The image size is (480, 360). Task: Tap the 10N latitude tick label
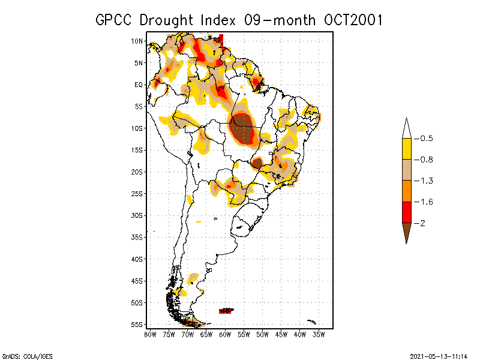click(x=137, y=41)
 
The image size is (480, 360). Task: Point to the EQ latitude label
click(x=138, y=85)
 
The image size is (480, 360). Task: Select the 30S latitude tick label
click(x=137, y=215)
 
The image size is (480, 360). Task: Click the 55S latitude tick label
click(x=137, y=325)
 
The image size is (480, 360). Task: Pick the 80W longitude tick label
click(x=150, y=334)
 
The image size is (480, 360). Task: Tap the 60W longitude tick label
click(x=225, y=334)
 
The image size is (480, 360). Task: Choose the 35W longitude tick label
click(x=319, y=334)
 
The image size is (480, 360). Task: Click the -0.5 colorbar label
click(x=425, y=139)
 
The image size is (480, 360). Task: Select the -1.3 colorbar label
click(x=425, y=181)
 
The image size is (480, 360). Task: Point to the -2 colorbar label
click(x=422, y=223)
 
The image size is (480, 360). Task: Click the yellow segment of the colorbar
click(x=406, y=149)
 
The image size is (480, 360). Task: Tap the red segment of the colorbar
click(x=406, y=212)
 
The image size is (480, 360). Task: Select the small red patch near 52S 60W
click(x=226, y=310)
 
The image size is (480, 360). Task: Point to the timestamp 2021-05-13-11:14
click(x=439, y=355)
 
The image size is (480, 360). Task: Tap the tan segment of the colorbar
click(x=406, y=170)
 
